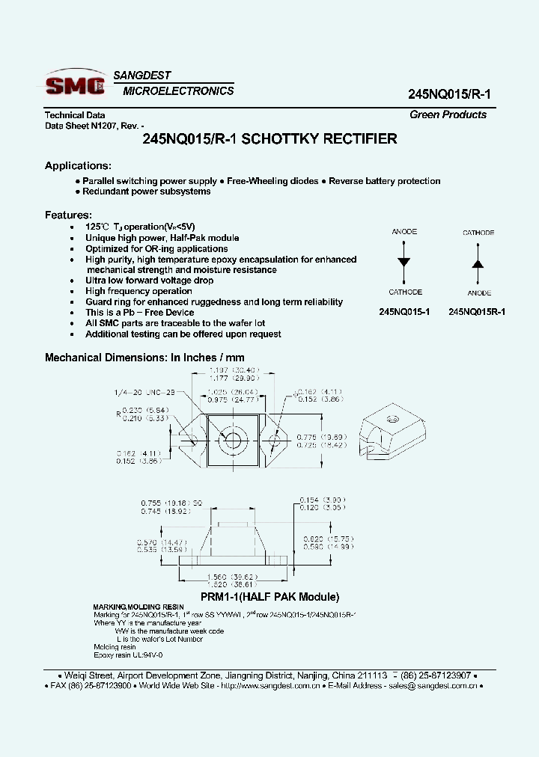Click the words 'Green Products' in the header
(448, 114)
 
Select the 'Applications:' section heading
(78, 165)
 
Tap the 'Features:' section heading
(68, 215)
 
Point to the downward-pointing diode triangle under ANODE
(404, 262)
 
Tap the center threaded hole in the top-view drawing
(232, 438)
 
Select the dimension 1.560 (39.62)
(232, 577)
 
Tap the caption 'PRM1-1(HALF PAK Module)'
(269, 597)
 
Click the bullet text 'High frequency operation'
(138, 291)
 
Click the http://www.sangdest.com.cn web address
(271, 685)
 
